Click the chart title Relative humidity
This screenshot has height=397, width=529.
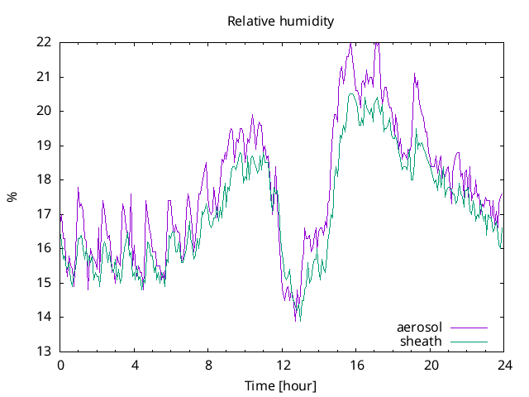(281, 22)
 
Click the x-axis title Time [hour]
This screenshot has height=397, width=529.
(281, 385)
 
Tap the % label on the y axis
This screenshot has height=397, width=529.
(12, 197)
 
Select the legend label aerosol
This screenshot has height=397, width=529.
(419, 328)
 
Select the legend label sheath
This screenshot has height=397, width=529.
(421, 341)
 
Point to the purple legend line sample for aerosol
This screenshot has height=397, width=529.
(468, 328)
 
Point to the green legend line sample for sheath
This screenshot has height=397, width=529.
(468, 341)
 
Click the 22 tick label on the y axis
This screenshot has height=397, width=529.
(44, 42)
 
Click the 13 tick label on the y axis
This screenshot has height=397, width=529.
(44, 351)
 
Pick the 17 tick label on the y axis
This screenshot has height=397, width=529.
(44, 213)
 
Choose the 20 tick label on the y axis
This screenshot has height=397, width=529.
(44, 111)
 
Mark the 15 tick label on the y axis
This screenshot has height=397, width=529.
(44, 282)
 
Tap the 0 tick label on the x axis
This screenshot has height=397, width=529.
(60, 365)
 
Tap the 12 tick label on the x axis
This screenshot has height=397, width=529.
(282, 365)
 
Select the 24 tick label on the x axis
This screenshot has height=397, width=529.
(503, 365)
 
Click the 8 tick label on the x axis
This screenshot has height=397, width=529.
(208, 365)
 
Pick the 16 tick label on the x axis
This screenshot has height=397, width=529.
(356, 365)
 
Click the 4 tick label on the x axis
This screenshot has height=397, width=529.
(135, 365)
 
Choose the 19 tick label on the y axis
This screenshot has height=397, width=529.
(44, 145)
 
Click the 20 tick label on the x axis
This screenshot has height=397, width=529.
(430, 365)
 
